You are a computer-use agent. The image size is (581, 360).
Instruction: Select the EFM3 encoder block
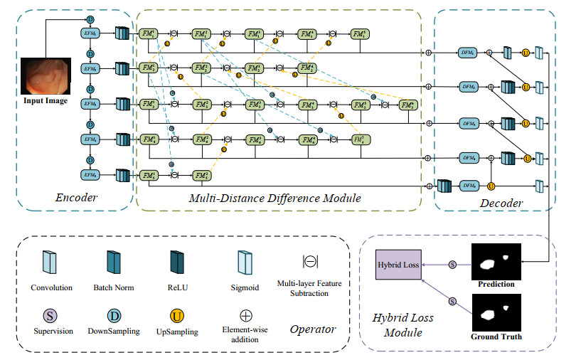click(91, 104)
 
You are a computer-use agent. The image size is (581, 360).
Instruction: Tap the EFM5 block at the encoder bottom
click(91, 174)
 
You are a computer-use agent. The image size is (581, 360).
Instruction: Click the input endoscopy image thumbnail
click(45, 78)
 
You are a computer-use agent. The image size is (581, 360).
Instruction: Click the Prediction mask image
click(496, 263)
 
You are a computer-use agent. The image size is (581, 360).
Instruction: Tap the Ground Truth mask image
click(496, 314)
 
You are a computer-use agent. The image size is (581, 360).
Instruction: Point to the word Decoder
click(502, 203)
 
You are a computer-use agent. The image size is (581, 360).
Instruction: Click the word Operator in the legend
click(312, 330)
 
